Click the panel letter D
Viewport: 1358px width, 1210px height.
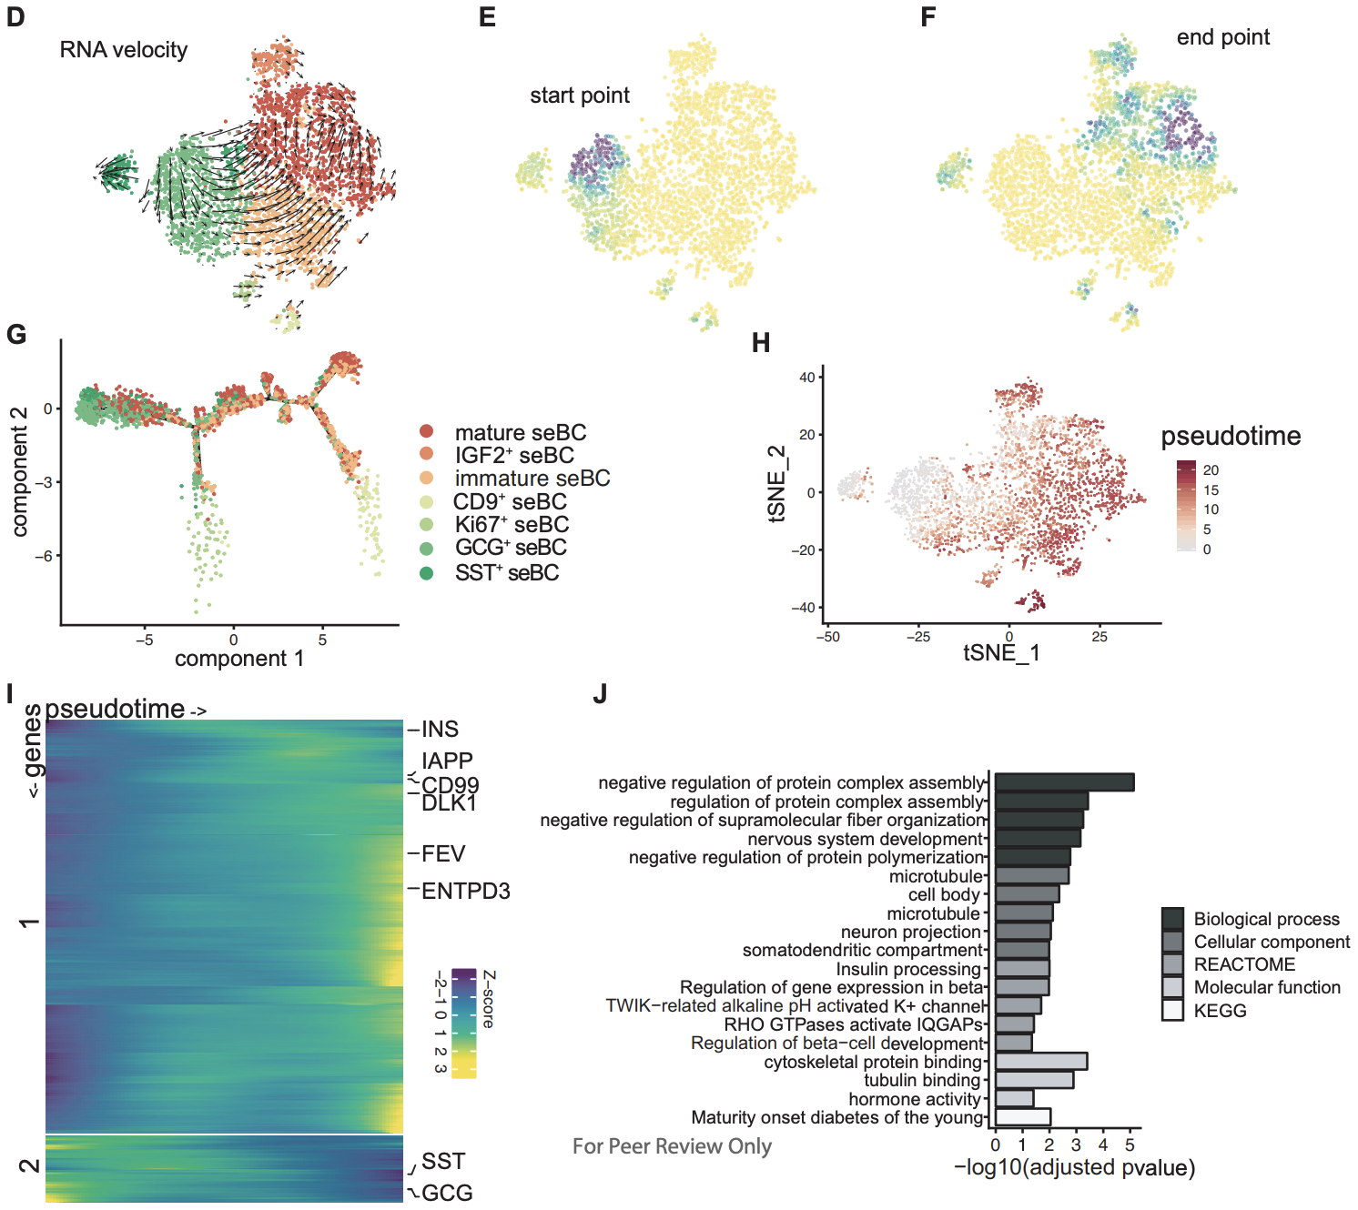(x=15, y=17)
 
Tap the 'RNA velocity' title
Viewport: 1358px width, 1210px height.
(x=124, y=50)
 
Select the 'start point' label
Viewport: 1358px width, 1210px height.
(x=580, y=96)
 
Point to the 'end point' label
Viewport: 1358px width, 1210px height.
(x=1222, y=37)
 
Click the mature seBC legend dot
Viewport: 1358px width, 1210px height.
(x=426, y=431)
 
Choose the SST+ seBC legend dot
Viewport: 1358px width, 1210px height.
(x=426, y=572)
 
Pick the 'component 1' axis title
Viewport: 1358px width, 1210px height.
(x=238, y=658)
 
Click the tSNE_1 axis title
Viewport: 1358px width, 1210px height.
(x=1001, y=652)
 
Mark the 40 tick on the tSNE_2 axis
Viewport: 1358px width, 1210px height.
(x=806, y=377)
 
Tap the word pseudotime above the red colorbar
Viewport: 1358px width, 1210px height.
(x=1231, y=436)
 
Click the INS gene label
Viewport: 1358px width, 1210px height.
(x=440, y=729)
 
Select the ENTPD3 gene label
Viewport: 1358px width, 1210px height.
(x=465, y=891)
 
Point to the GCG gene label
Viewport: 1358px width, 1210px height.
(x=447, y=1193)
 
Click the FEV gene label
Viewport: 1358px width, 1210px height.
(x=443, y=853)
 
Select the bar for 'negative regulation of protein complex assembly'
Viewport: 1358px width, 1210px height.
(x=1064, y=782)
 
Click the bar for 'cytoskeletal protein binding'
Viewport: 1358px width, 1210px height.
(x=1040, y=1061)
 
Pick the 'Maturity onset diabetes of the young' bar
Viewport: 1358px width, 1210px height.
(x=1022, y=1117)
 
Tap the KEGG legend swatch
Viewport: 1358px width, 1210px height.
(x=1172, y=1010)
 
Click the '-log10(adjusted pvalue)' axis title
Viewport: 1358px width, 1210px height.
(x=1074, y=1167)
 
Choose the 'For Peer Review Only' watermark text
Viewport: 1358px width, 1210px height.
(x=672, y=1146)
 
